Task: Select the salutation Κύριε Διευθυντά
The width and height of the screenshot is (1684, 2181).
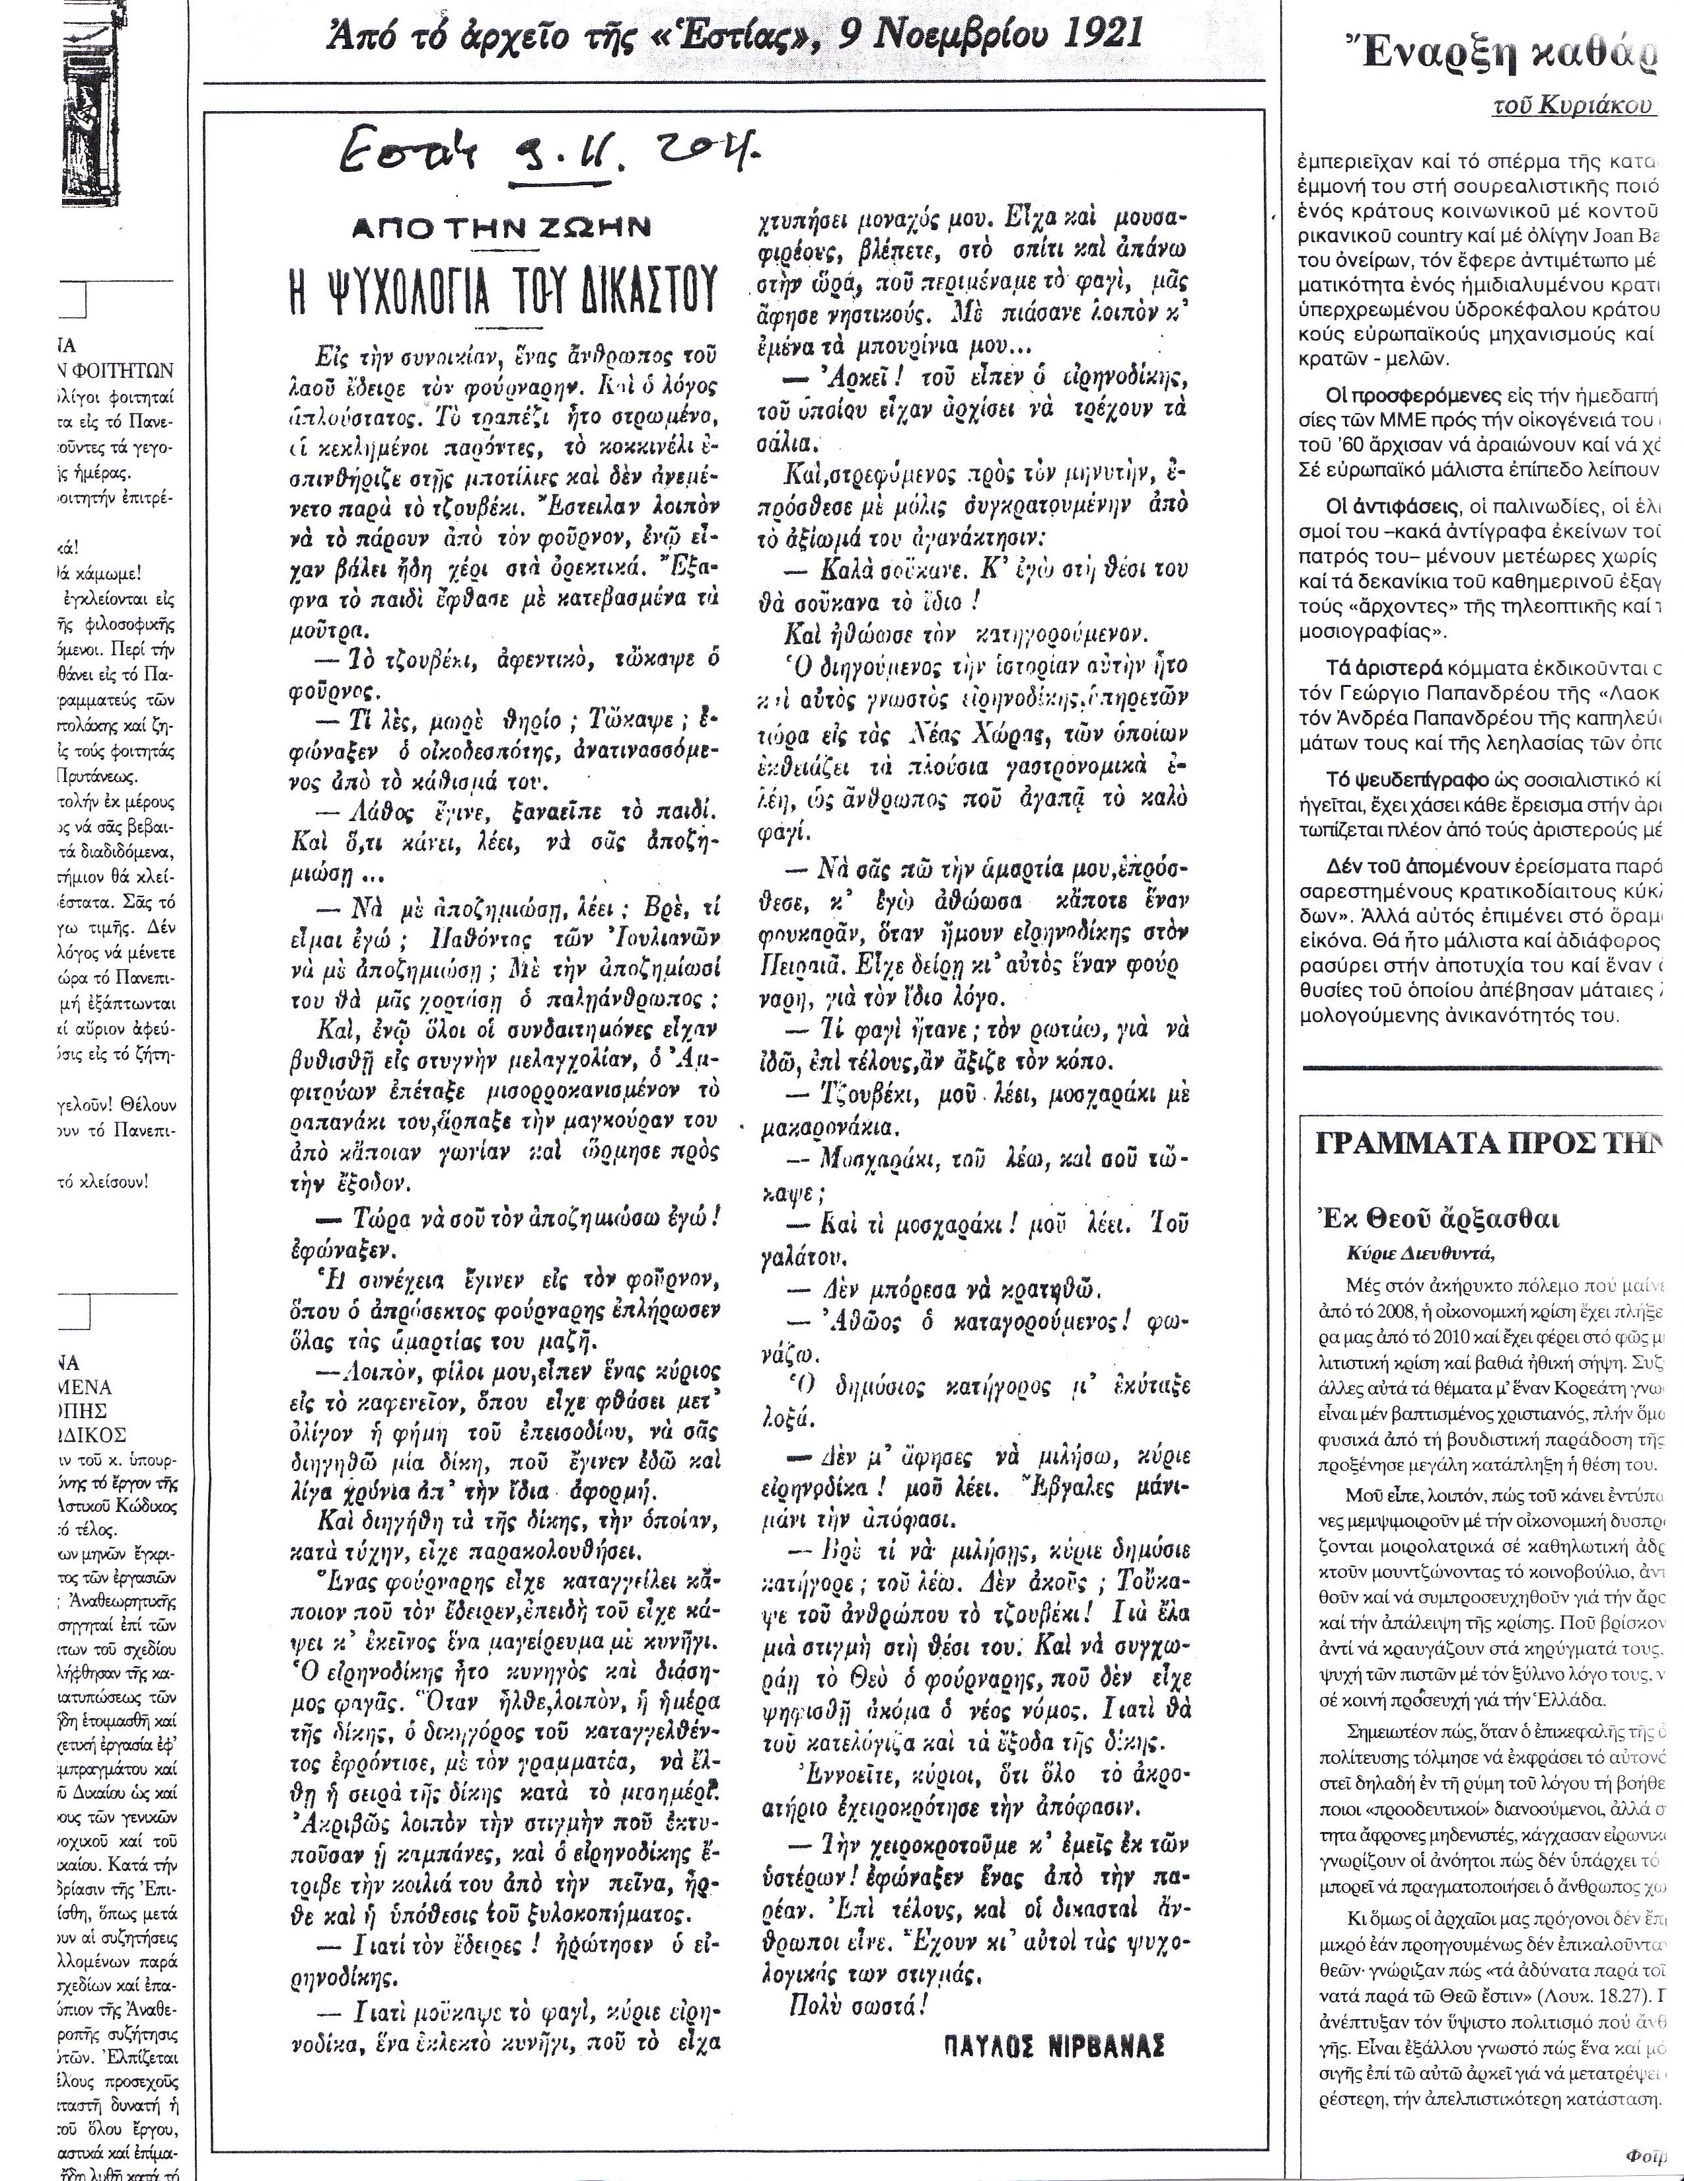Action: click(x=1420, y=1254)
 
